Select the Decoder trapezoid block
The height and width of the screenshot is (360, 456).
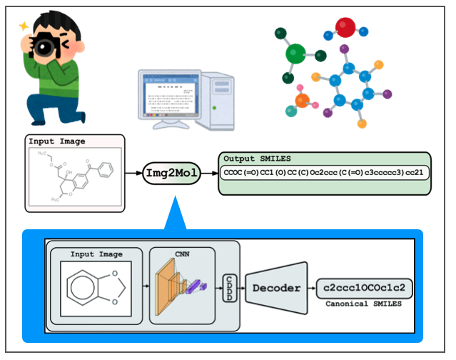point(274,289)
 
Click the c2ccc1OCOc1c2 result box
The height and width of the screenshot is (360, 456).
point(364,289)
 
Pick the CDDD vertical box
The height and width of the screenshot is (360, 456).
point(230,288)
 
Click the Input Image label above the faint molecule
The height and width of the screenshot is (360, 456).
point(51,141)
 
